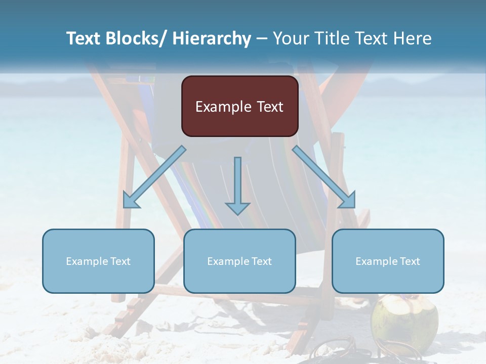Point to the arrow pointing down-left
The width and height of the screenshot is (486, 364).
point(154,177)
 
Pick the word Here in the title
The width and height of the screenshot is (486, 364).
point(412,38)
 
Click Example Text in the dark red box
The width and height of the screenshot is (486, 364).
point(239,107)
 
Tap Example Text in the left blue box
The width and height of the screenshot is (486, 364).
point(98,261)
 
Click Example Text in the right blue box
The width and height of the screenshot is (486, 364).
point(388,261)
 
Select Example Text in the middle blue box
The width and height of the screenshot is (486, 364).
point(239,261)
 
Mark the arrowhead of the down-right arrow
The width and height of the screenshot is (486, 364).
point(348,201)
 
